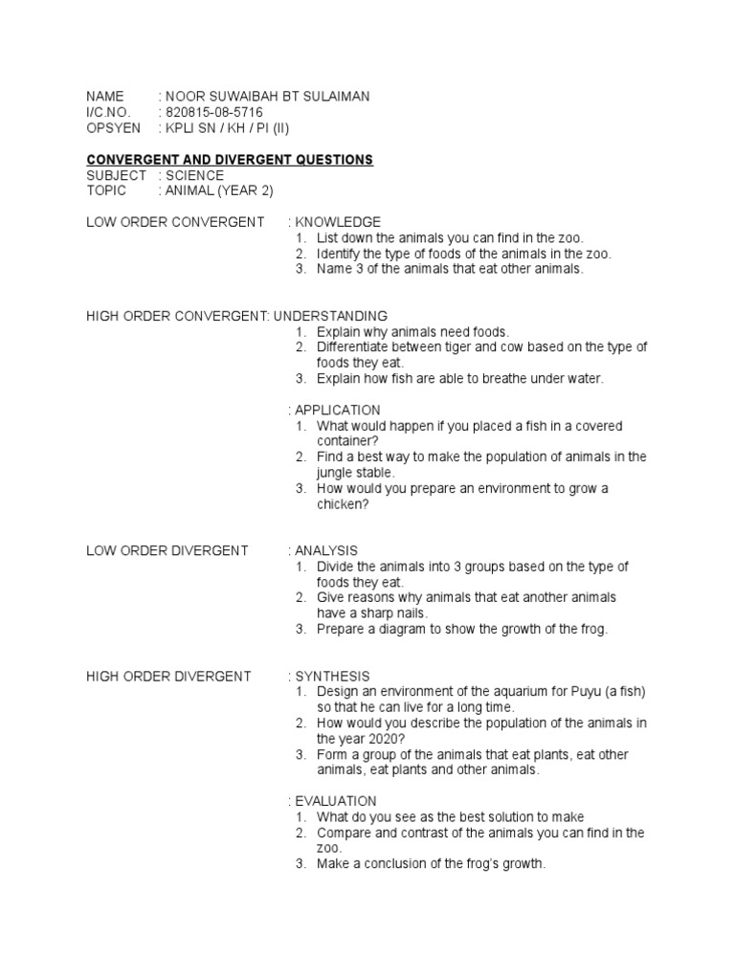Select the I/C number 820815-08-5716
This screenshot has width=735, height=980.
[x=214, y=112]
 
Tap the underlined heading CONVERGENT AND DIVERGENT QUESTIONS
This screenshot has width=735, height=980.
[x=230, y=159]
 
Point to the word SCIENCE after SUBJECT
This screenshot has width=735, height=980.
[x=195, y=175]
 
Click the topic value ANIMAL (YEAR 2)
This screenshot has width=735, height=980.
[x=219, y=190]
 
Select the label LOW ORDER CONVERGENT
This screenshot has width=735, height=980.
[x=175, y=222]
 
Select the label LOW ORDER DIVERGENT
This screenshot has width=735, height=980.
[x=167, y=550]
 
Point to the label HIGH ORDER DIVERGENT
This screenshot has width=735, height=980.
[x=168, y=676]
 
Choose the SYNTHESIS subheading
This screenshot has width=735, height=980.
[x=332, y=676]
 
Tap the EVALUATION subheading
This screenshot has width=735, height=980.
[x=336, y=801]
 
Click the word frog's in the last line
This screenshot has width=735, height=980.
[x=485, y=864]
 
